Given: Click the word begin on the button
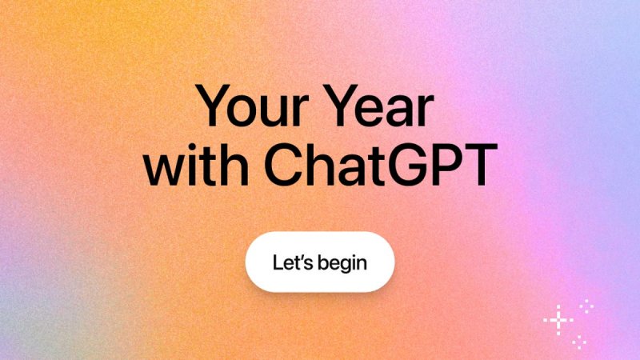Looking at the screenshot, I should (342, 262).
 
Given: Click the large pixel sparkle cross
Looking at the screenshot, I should (558, 320).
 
